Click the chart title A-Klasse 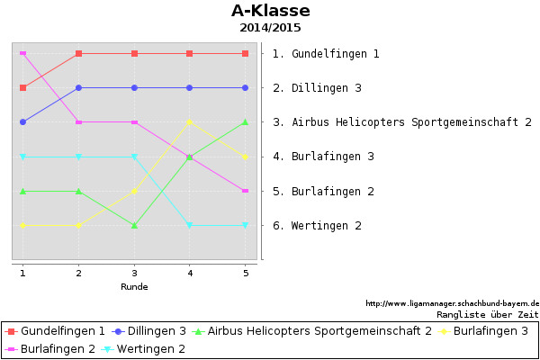(x=271, y=11)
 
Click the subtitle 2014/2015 (x=270, y=28)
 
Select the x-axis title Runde (x=134, y=286)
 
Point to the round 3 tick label (x=134, y=274)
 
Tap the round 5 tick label (x=246, y=274)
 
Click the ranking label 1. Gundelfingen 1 (x=326, y=54)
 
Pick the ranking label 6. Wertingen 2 (x=317, y=226)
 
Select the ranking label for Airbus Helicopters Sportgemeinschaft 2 (x=402, y=122)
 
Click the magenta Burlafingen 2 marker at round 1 (x=23, y=53)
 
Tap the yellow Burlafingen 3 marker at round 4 (x=189, y=122)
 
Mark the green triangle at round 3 (x=135, y=226)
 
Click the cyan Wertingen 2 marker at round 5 (x=245, y=225)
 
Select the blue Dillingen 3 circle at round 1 (x=23, y=122)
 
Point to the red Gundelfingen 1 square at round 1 (x=23, y=88)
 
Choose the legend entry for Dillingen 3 (x=148, y=331)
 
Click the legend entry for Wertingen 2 (x=143, y=349)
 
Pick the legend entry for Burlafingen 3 (x=482, y=331)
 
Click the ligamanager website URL (x=452, y=303)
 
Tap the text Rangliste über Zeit (x=488, y=314)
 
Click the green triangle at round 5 (x=245, y=122)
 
